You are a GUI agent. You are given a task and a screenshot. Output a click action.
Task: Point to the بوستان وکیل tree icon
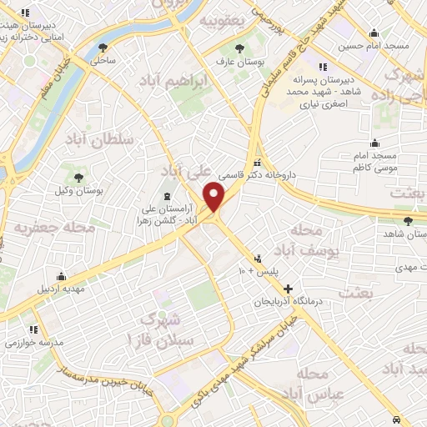[x=78, y=178]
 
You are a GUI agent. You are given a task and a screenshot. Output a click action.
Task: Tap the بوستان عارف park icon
[x=239, y=48]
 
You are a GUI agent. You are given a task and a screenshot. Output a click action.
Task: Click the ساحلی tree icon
[x=103, y=48]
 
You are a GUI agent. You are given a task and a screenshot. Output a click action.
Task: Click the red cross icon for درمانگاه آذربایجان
[x=288, y=288]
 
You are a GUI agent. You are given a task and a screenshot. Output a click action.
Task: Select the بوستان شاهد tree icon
[x=407, y=221]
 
